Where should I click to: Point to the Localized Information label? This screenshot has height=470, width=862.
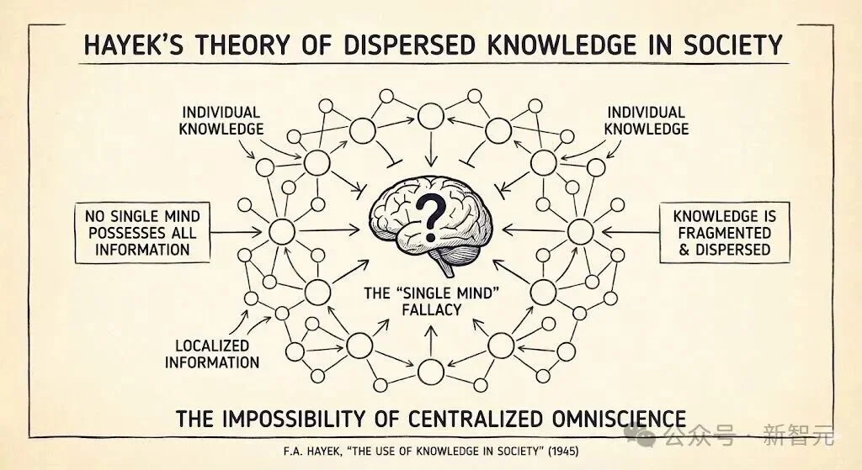pyautogui.click(x=212, y=354)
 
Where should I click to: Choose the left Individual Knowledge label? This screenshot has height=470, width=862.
pyautogui.click(x=222, y=120)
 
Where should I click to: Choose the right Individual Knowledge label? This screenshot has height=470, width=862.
pyautogui.click(x=647, y=120)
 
